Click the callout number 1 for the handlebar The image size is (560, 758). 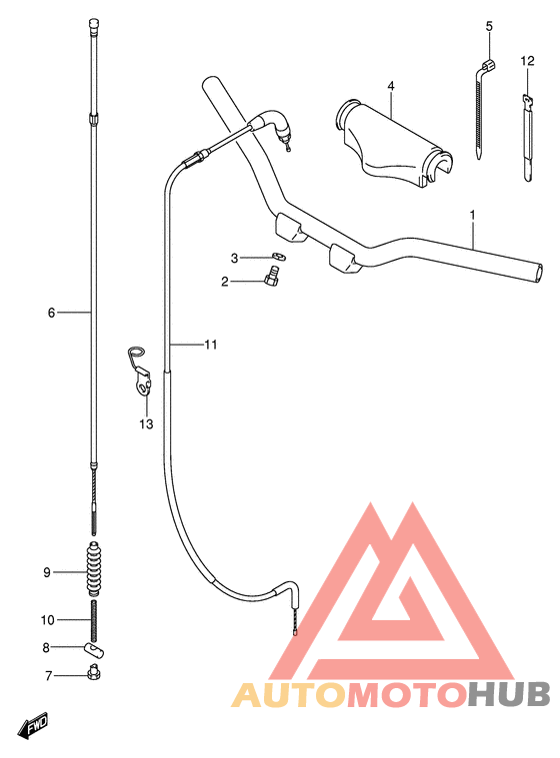coord(473,216)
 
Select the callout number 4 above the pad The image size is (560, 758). coord(391,86)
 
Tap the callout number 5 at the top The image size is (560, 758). coord(489,26)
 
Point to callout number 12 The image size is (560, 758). coord(527,61)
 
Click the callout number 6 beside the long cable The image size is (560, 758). coord(51,313)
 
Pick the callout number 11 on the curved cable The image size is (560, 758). coord(210,346)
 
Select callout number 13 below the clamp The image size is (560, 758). coord(146,424)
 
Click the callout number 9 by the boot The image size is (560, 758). coord(46,572)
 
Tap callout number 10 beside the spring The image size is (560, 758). coord(47,620)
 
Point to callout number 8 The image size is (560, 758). coord(46,648)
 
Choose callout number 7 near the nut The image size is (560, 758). coord(46,676)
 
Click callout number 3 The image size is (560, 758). coord(235,258)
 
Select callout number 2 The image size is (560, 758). coord(226,282)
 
